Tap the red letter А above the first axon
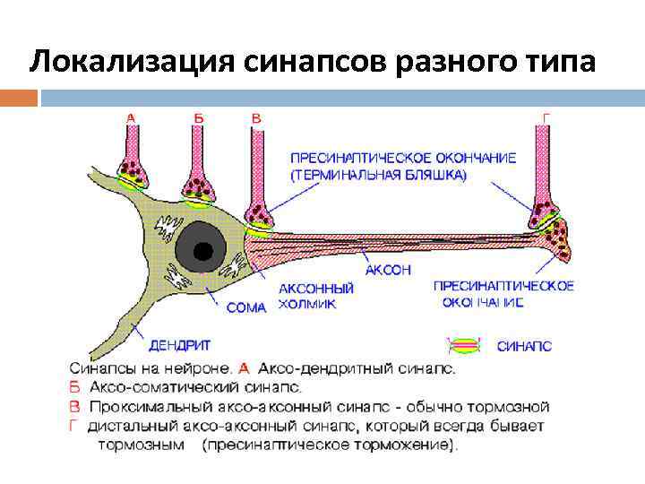coord(132,117)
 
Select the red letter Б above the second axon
coord(198,117)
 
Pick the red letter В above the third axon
coord(257,117)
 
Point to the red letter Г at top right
coord(546,117)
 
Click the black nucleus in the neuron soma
coord(206,252)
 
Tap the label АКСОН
coord(389,269)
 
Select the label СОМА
coord(246,307)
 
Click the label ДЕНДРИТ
coord(180,344)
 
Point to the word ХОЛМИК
coord(307,304)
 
